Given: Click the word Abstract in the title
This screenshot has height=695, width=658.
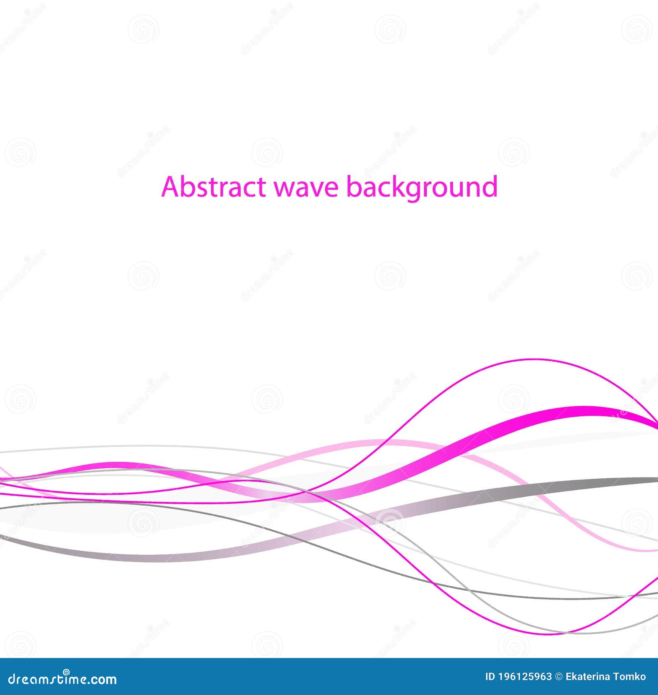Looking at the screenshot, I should (213, 187).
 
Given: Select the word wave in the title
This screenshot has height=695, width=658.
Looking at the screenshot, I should (306, 188).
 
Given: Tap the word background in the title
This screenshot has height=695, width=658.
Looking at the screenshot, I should (422, 188).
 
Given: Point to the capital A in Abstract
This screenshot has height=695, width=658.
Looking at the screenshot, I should (169, 187).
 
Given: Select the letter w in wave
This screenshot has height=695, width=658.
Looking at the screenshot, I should (283, 188).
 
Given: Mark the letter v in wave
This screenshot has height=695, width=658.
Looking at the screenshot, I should (315, 188).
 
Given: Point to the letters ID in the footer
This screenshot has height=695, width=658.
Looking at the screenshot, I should (490, 677).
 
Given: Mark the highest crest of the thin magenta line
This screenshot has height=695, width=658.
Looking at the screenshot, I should (535, 359).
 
